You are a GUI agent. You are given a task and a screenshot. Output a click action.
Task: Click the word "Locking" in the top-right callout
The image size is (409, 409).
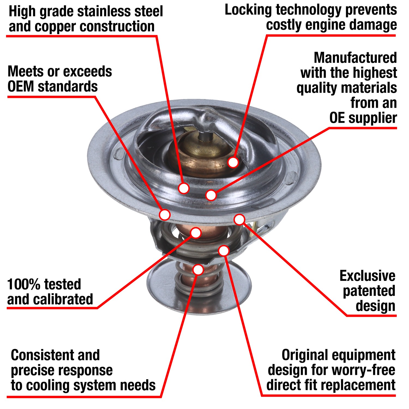tap(248, 10)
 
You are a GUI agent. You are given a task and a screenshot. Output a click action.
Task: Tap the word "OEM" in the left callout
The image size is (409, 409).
tap(21, 87)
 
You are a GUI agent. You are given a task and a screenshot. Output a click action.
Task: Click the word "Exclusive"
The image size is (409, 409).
tap(367, 276)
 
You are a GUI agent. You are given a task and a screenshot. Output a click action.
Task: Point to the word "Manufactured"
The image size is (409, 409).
tap(355, 58)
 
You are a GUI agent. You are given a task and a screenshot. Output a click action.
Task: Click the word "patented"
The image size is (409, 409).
tap(369, 291)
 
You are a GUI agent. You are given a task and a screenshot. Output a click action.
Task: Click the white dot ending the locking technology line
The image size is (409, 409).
tap(233, 162)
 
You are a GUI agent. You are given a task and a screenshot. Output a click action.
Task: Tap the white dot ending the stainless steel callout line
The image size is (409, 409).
tap(184, 188)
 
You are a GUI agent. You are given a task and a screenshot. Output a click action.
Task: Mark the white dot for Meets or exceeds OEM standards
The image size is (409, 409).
tap(165, 215)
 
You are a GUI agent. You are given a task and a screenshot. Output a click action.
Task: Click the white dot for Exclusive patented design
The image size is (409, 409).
tap(239, 219)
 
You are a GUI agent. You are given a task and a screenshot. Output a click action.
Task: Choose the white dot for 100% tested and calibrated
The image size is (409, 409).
tap(196, 233)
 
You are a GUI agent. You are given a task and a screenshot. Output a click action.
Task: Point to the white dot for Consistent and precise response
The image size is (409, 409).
tap(198, 269)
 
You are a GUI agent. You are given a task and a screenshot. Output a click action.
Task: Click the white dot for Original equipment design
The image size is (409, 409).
tap(224, 250)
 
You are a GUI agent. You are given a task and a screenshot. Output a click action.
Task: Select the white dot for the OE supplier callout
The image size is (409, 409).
tap(211, 195)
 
